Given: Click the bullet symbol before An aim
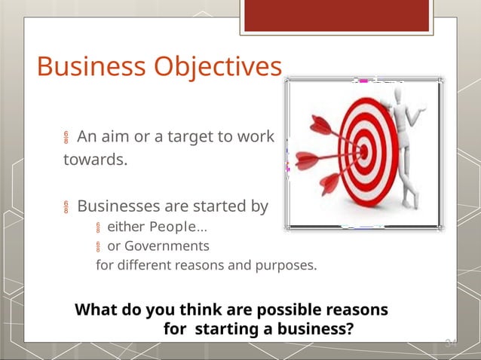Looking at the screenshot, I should (66, 139).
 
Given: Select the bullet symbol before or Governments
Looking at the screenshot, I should (98, 247).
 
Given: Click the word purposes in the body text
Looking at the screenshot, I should (286, 266).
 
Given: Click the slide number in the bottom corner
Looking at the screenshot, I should (450, 343).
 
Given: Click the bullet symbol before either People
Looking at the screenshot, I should (98, 228).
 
